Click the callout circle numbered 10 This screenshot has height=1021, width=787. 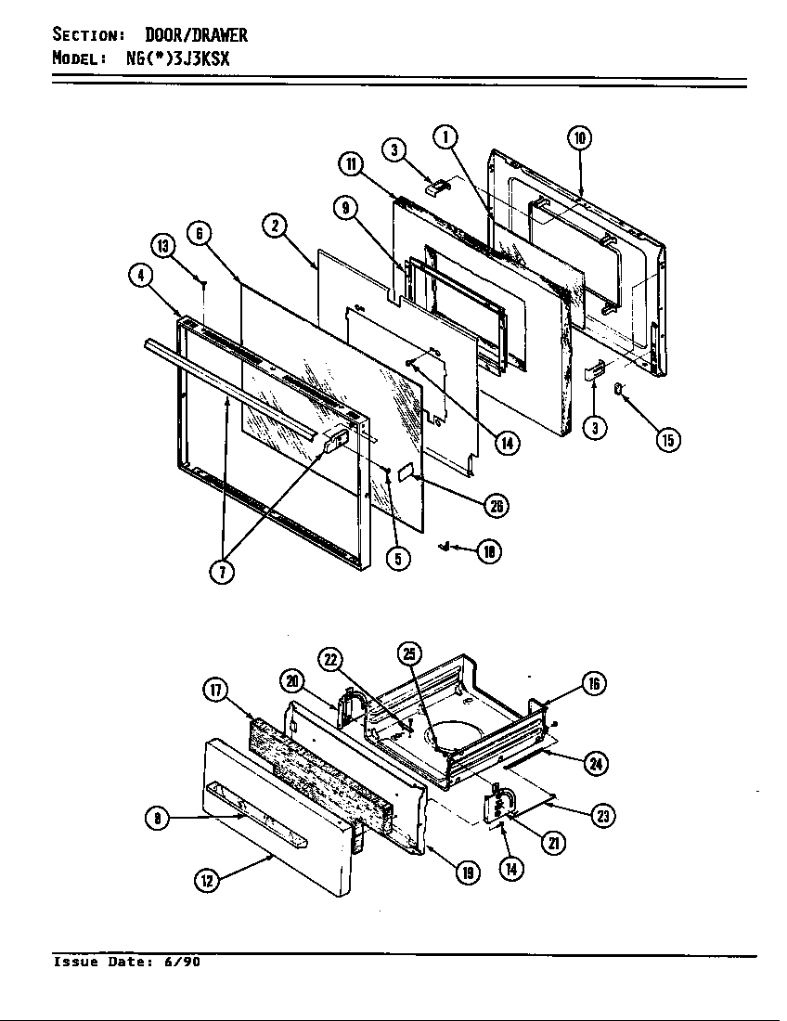click(579, 139)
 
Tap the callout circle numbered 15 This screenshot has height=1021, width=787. click(666, 440)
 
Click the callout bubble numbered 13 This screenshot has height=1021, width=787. click(162, 246)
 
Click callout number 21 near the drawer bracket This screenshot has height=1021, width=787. click(554, 843)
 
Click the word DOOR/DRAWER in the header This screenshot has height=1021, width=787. click(196, 35)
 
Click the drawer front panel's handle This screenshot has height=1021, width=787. click(255, 817)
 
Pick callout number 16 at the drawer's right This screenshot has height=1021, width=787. click(594, 684)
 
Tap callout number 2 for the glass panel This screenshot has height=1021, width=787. click(275, 226)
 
